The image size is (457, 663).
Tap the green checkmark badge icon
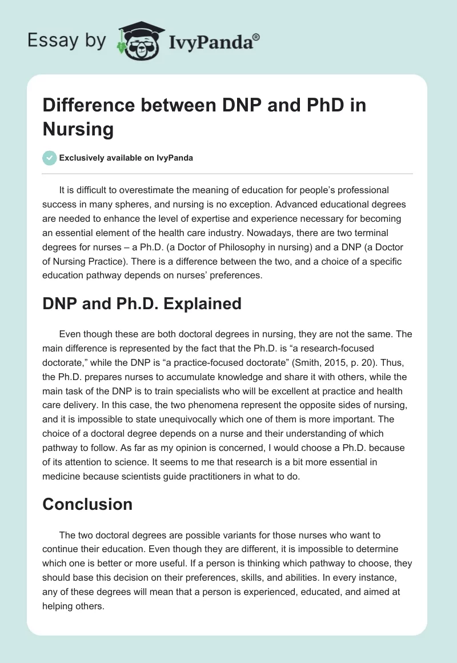pyautogui.click(x=50, y=158)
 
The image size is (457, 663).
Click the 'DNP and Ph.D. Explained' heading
pyautogui.click(x=142, y=303)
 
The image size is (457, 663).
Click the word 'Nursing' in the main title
pyautogui.click(x=78, y=129)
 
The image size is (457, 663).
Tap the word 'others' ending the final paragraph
pyautogui.click(x=88, y=605)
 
